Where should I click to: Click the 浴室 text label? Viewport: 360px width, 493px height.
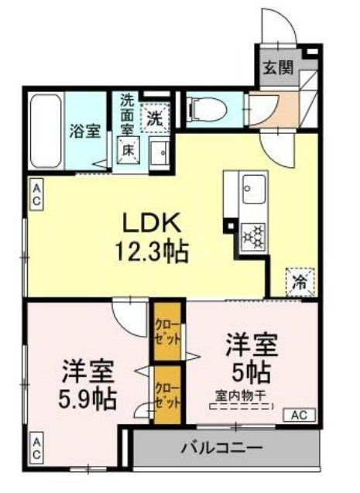click(x=84, y=130)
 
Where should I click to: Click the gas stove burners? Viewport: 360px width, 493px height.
click(x=253, y=232)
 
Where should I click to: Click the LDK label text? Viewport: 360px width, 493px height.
click(x=152, y=224)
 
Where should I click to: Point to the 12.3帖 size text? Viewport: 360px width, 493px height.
click(x=152, y=252)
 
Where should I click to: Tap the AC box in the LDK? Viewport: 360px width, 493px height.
click(x=36, y=193)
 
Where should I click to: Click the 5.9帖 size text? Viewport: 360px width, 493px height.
click(x=86, y=399)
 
